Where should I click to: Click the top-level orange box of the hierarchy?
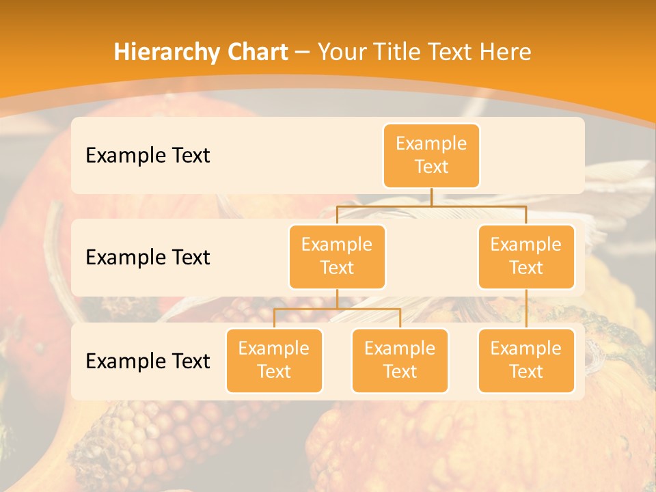pyautogui.click(x=431, y=156)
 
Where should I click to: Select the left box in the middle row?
pyautogui.click(x=337, y=256)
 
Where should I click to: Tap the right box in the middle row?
pyautogui.click(x=526, y=256)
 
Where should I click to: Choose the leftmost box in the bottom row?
pyautogui.click(x=274, y=360)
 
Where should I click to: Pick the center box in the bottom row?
pyautogui.click(x=400, y=360)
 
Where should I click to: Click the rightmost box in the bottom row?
pyautogui.click(x=526, y=360)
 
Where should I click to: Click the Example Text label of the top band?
pyautogui.click(x=148, y=155)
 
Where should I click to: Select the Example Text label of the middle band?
pyautogui.click(x=148, y=257)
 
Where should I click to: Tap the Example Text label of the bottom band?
pyautogui.click(x=148, y=361)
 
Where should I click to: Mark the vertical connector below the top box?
pyautogui.click(x=431, y=197)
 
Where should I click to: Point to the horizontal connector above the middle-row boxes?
pyautogui.click(x=431, y=206)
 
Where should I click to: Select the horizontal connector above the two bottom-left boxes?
pyautogui.click(x=337, y=309)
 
